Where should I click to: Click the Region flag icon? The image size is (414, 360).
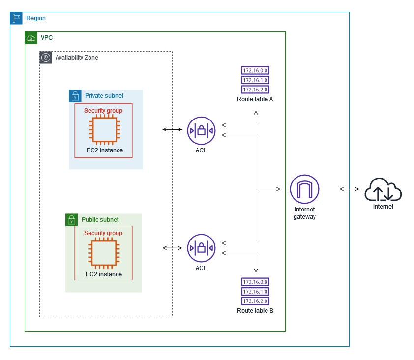(16, 18)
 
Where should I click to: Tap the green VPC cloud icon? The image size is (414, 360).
(31, 38)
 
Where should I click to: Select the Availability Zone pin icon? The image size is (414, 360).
(46, 58)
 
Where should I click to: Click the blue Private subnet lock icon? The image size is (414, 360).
(75, 96)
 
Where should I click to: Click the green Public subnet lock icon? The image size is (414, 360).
(72, 220)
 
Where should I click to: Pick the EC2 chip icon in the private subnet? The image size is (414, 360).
(105, 130)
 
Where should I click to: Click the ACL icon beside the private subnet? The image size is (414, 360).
(201, 131)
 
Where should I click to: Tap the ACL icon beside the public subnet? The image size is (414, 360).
(201, 248)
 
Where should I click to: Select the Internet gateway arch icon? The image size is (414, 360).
(304, 189)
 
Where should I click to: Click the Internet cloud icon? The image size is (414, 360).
(383, 189)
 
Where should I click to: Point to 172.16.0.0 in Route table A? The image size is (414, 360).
(255, 70)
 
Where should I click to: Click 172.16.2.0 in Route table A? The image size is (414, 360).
(255, 90)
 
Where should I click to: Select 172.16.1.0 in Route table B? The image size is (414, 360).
(255, 292)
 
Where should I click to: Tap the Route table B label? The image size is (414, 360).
(255, 311)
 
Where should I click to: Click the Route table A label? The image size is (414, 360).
(255, 99)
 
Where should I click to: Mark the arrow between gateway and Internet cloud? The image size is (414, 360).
(349, 189)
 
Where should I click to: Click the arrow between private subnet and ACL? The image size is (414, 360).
(173, 129)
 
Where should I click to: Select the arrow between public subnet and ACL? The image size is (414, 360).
(173, 248)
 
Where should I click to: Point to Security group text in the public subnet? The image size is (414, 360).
(103, 233)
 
